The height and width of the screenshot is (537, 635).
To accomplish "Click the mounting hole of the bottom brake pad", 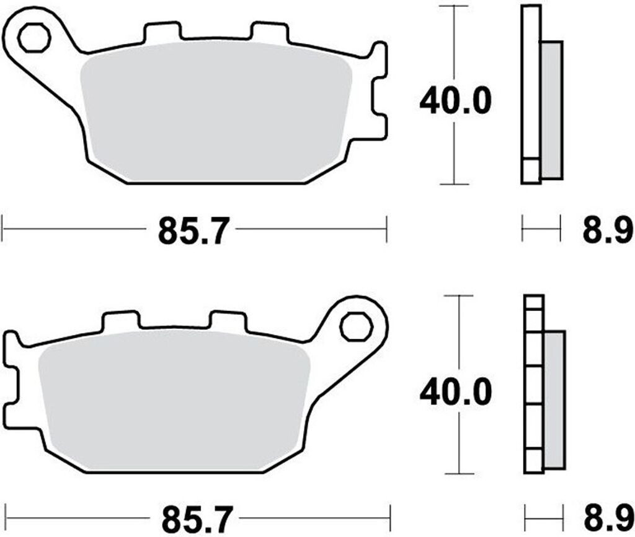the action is (x=357, y=326).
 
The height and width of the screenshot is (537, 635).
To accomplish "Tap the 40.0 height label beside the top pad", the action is (x=455, y=100).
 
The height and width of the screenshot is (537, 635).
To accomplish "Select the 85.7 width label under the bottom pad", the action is (x=198, y=519).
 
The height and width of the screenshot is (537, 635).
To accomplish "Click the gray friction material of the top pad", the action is (x=215, y=111).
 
